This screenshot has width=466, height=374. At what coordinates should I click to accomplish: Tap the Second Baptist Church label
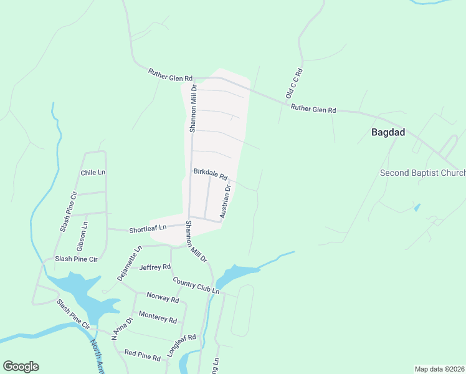[x=422, y=173]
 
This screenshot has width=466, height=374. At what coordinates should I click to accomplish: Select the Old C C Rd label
[x=293, y=84]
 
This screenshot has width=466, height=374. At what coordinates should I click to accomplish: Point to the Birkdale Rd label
[x=211, y=173]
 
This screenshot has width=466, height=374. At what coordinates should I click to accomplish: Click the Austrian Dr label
[x=225, y=201]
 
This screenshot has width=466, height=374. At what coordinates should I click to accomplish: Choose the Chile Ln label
[x=93, y=173]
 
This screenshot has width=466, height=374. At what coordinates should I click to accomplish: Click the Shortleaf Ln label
[x=148, y=229]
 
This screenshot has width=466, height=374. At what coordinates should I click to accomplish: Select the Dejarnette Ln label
[x=129, y=262]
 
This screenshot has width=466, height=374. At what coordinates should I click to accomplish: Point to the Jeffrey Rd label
[x=155, y=267]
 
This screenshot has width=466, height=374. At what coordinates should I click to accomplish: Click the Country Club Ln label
[x=196, y=286]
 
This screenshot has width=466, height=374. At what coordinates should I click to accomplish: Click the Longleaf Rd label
[x=181, y=345]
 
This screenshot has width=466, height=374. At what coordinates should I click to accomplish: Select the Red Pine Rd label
[x=143, y=355]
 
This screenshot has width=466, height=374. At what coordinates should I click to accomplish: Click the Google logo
[x=21, y=367]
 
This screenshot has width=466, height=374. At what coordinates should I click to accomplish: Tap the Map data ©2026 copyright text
[x=439, y=368]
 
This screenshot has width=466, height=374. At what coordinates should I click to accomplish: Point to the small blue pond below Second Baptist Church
[x=416, y=207]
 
